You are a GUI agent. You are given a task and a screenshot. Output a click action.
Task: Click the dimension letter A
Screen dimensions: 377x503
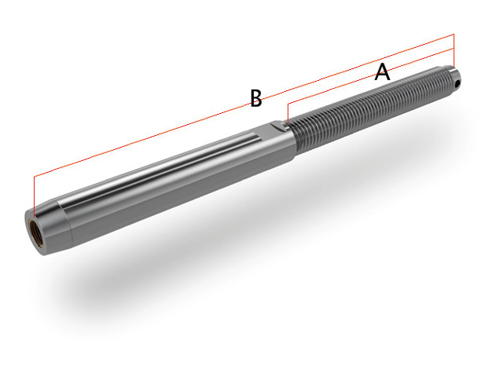(382, 72)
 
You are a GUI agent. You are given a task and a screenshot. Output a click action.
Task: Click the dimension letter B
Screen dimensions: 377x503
(255, 99)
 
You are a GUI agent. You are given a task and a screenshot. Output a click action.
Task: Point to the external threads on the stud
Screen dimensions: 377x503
(369, 106)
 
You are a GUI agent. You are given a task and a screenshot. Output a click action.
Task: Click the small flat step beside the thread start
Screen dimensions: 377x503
(281, 125)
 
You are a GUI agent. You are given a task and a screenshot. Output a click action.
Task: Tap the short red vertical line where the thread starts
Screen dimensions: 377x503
(288, 113)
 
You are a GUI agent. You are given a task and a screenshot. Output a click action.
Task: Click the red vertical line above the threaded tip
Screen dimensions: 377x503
(454, 52)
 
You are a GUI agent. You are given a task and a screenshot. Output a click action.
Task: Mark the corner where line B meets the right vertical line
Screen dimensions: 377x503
(454, 35)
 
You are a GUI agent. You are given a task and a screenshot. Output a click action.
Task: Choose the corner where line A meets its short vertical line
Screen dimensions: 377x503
(288, 104)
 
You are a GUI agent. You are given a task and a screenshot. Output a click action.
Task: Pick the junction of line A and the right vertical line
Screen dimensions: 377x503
(454, 49)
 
